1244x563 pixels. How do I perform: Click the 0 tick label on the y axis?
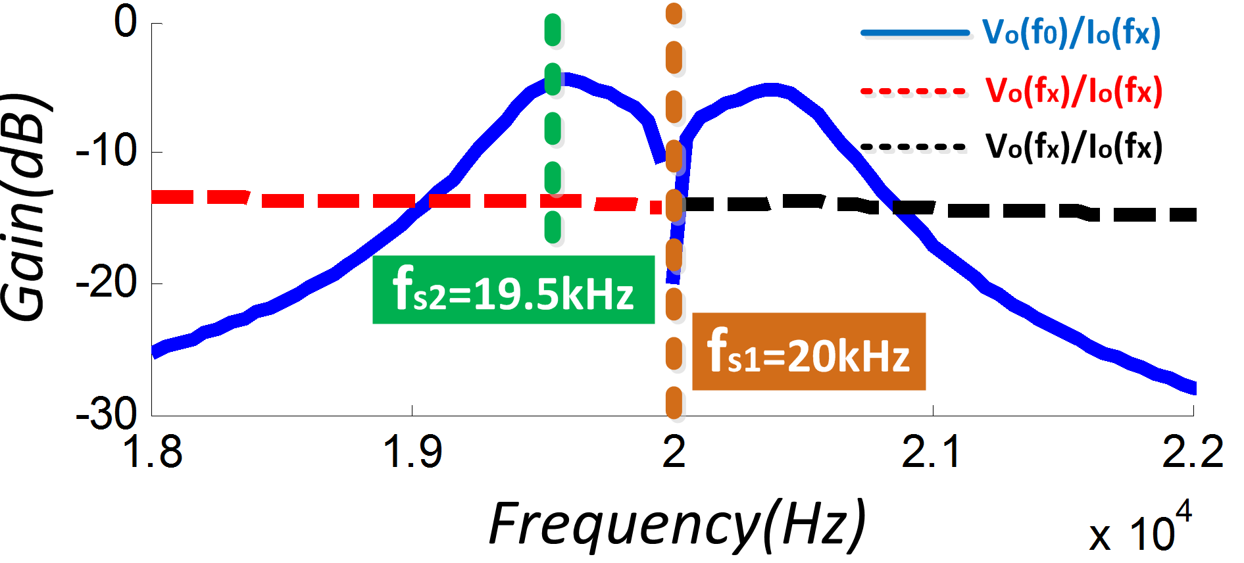point(126,22)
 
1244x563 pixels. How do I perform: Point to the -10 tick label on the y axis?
point(107,151)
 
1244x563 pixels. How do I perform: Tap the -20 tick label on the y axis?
point(107,283)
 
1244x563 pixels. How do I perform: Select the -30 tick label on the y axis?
point(107,414)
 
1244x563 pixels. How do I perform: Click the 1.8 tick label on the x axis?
point(152,453)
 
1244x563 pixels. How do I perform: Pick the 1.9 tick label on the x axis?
point(412,453)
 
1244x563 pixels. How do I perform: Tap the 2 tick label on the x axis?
point(674,453)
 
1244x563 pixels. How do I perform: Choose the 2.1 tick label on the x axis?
point(932,453)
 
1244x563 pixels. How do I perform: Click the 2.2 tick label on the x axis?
point(1192,453)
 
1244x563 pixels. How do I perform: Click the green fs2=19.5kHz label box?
point(513,290)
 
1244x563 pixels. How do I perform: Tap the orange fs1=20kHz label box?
point(809,352)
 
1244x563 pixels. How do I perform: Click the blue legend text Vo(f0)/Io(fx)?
point(1071,33)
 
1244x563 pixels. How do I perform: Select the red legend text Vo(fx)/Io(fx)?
point(1074,91)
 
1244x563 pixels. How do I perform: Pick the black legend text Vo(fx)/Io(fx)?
point(1074,147)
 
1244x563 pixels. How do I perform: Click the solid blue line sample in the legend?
point(914,33)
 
